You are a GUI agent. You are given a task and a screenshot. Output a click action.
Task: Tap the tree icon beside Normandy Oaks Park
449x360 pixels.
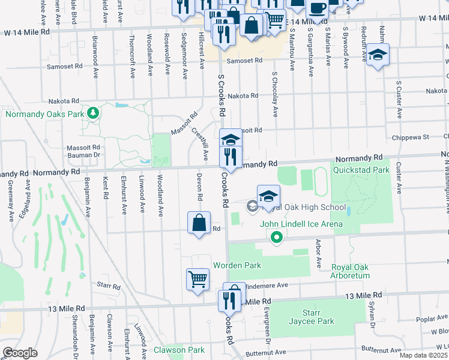92,113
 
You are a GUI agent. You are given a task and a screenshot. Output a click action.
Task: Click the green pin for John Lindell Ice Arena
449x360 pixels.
276,238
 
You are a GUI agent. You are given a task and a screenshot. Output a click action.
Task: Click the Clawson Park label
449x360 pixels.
179,350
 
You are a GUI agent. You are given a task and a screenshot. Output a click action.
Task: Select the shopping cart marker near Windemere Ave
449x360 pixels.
197,279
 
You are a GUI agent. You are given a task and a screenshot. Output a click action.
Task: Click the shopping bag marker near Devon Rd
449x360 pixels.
199,223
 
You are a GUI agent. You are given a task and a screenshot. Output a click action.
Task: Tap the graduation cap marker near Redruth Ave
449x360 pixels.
378,55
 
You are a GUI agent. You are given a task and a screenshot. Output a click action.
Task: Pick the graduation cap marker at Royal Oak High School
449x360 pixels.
268,196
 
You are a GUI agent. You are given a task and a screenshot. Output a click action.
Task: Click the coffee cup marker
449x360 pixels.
317,9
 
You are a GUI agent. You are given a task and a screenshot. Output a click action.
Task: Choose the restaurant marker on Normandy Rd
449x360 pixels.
231,157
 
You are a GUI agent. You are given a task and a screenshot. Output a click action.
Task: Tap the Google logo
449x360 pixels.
20,353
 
